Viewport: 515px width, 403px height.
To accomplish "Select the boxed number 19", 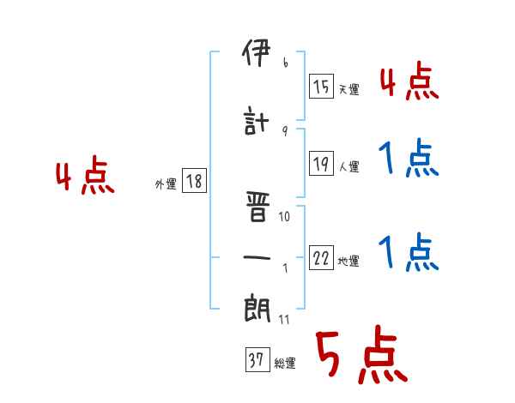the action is pyautogui.click(x=322, y=165).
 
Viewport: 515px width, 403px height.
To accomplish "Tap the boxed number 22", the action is pyautogui.click(x=322, y=258).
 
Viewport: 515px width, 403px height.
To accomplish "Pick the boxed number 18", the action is pyautogui.click(x=194, y=181).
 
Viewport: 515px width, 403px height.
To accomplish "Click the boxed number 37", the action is pyautogui.click(x=257, y=361).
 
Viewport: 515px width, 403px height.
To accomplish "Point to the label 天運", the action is pyautogui.click(x=348, y=89).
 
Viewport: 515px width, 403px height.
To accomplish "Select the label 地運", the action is pyautogui.click(x=348, y=262).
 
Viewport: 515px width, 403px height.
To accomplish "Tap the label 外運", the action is pyautogui.click(x=165, y=183).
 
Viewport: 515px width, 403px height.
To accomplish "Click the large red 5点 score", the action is pyautogui.click(x=360, y=356).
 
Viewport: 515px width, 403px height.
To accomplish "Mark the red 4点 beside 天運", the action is pyautogui.click(x=409, y=82).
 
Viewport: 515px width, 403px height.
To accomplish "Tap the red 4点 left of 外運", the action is pyautogui.click(x=85, y=177).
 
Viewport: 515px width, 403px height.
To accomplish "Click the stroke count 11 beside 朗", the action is pyautogui.click(x=285, y=321).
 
